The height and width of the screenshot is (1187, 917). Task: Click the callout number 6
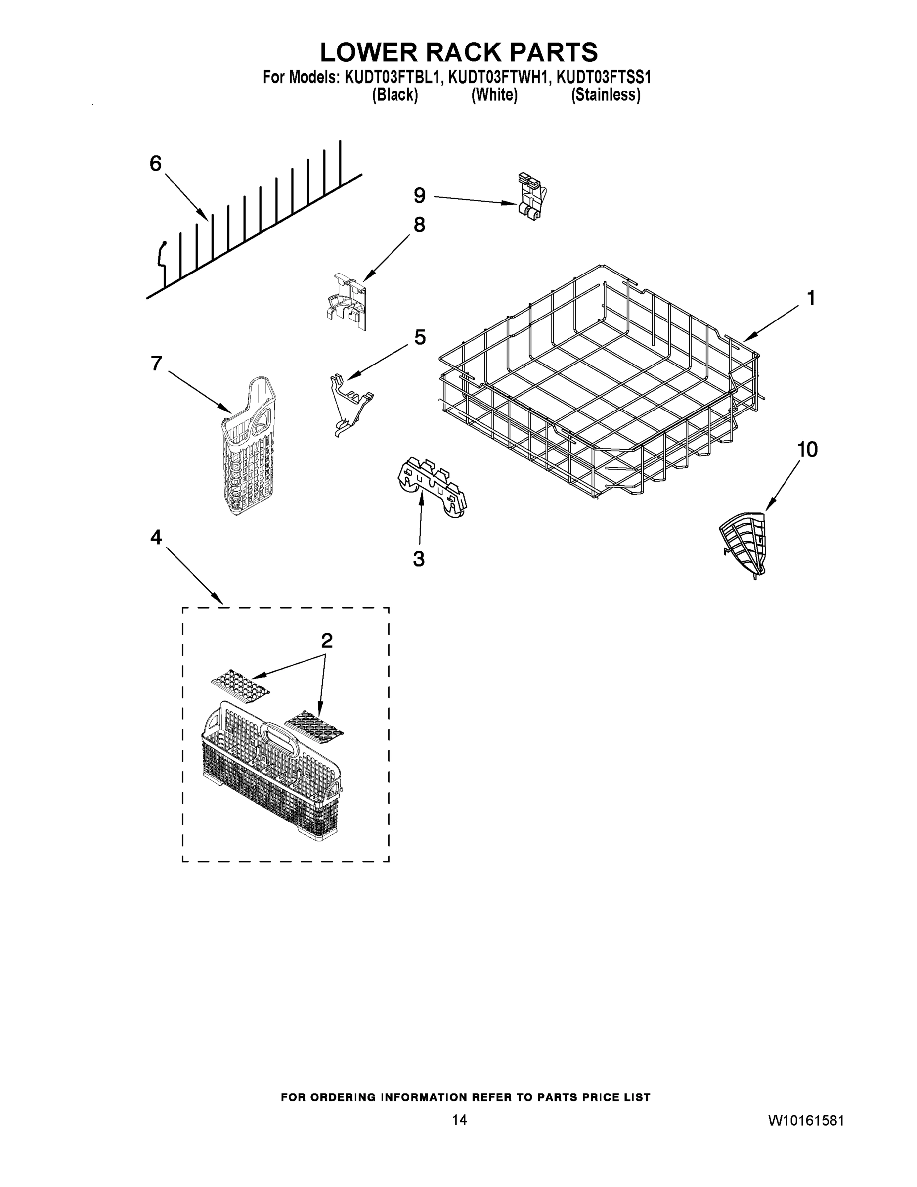point(155,163)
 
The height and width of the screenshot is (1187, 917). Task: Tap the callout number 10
point(807,450)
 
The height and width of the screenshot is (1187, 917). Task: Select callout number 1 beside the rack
point(810,298)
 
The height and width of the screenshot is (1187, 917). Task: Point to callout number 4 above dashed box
point(156,538)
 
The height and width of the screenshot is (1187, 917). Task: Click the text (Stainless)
point(606,95)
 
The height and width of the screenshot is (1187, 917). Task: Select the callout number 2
point(326,641)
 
